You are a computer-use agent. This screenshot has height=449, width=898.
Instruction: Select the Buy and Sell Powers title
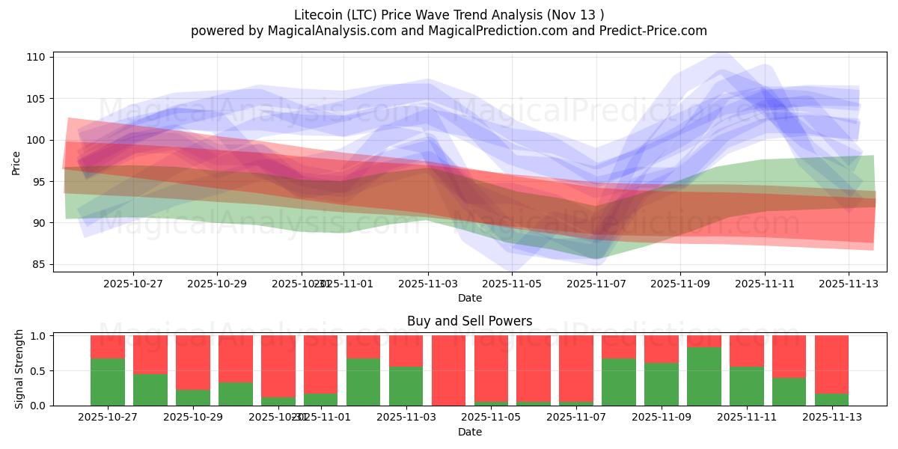pyautogui.click(x=469, y=321)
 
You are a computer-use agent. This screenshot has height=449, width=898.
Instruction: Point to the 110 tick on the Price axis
pyautogui.click(x=38, y=57)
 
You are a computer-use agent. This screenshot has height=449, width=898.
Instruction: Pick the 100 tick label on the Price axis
pyautogui.click(x=38, y=140)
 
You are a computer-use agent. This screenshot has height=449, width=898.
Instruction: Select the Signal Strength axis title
pyautogui.click(x=20, y=369)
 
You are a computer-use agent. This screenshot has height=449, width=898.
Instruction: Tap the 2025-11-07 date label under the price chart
pyautogui.click(x=596, y=284)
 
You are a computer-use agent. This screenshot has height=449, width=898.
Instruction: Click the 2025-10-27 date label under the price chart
pyautogui.click(x=133, y=284)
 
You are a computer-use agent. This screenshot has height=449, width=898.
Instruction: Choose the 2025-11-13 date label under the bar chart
pyautogui.click(x=832, y=418)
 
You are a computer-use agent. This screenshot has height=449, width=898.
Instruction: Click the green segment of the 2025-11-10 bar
pyautogui.click(x=704, y=376)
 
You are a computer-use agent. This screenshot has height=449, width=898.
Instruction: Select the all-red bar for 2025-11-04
pyautogui.click(x=448, y=370)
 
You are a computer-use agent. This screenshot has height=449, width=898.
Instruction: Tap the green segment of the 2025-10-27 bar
pyautogui.click(x=107, y=382)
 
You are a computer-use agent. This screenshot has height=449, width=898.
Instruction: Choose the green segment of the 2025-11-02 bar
pyautogui.click(x=363, y=382)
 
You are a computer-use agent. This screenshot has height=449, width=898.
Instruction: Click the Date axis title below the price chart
pyautogui.click(x=469, y=298)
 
